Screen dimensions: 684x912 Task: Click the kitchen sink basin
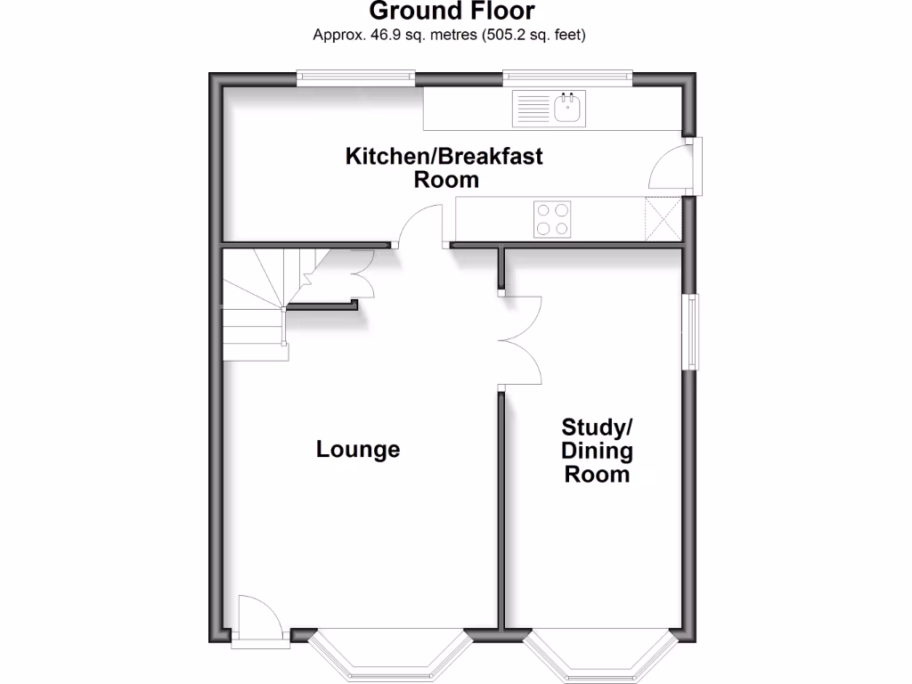[x=567, y=110]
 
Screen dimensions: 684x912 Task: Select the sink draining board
[x=533, y=110]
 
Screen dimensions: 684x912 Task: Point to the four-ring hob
[x=551, y=219]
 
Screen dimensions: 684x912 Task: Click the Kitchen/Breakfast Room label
[x=444, y=168]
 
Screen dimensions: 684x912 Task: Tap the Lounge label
[x=358, y=450]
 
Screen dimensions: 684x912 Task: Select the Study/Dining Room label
[x=598, y=450]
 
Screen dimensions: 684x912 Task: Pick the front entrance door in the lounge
[x=258, y=616]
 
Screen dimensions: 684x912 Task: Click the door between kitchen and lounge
[x=420, y=226]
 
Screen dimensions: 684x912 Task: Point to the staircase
[x=257, y=303]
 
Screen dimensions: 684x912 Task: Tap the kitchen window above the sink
[x=567, y=78]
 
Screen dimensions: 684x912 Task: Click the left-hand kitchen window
[x=356, y=78]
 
